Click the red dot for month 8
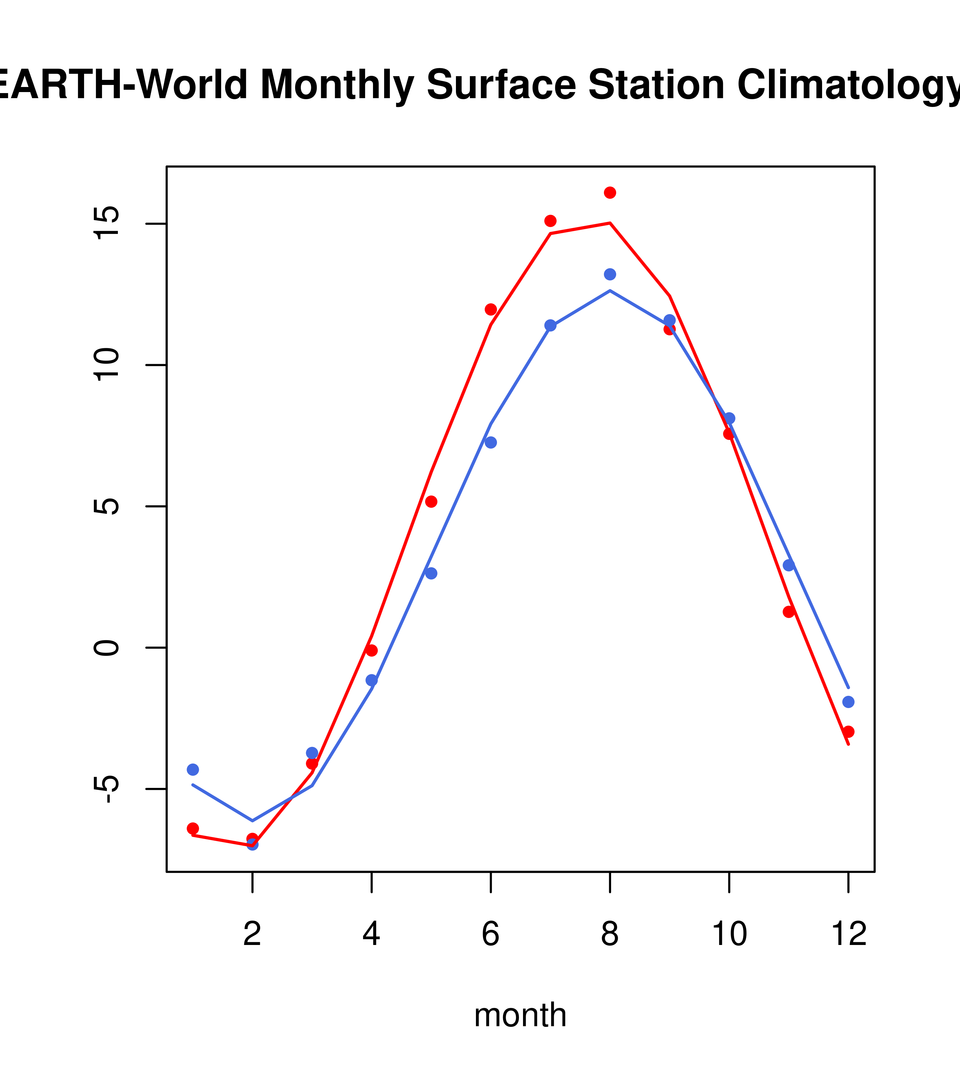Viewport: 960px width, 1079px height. tap(610, 193)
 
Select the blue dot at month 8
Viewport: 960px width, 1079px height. tap(610, 274)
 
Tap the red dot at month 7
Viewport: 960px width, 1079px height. tap(550, 221)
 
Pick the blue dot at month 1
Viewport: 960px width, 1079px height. tap(193, 770)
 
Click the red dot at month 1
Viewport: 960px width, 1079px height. tap(193, 828)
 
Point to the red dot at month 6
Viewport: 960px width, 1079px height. tap(491, 309)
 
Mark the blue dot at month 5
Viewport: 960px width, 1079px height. tap(431, 573)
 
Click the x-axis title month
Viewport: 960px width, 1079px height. tap(520, 1015)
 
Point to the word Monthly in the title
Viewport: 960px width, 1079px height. tap(337, 86)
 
